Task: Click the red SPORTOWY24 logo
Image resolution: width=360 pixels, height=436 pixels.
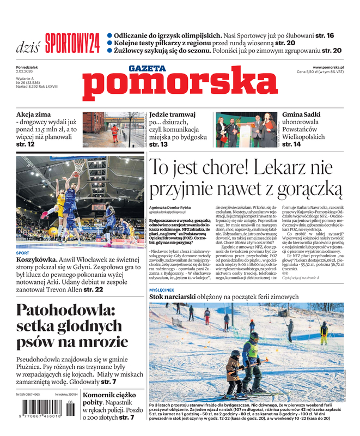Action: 72,42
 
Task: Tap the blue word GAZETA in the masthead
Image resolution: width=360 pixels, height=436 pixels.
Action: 147,68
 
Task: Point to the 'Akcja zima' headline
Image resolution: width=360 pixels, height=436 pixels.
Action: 33,115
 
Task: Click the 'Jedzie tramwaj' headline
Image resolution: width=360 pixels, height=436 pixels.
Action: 172,115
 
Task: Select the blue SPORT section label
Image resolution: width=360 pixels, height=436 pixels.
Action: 23,253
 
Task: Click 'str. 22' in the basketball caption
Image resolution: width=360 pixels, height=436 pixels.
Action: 93,290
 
